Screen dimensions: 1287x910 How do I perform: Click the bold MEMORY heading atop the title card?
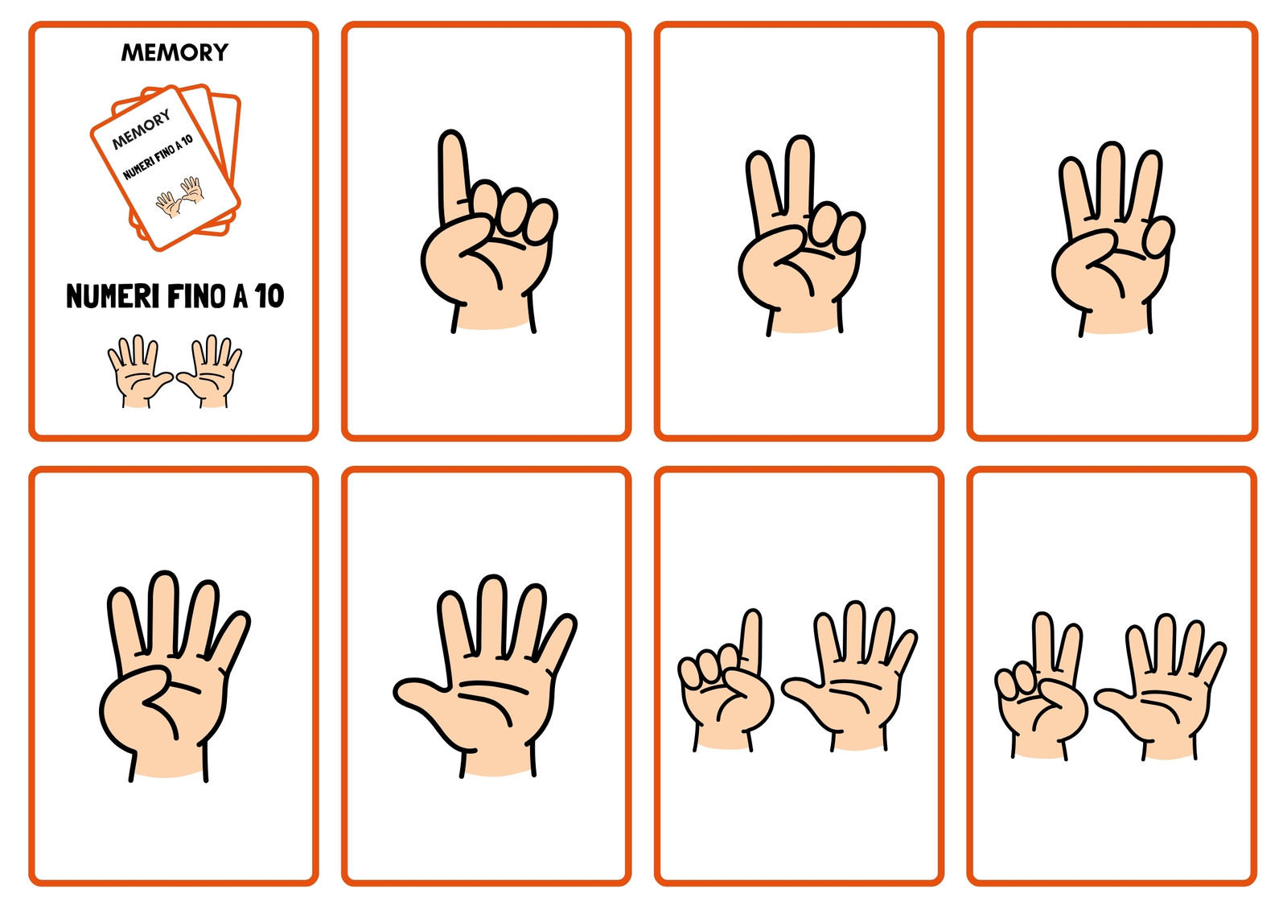175,52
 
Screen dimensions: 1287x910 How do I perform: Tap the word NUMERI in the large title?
113,296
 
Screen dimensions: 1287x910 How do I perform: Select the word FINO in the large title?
196,296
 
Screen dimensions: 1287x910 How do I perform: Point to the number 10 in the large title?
269,296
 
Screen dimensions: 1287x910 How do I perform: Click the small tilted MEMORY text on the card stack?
142,129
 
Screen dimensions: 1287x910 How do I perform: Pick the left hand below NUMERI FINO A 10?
140,372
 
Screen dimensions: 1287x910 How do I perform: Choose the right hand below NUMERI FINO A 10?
210,372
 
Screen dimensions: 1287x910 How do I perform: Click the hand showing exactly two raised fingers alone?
801,236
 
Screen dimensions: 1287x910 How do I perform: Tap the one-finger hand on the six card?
725,681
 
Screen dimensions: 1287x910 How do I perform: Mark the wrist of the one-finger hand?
492,313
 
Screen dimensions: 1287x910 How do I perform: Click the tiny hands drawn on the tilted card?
180,197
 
